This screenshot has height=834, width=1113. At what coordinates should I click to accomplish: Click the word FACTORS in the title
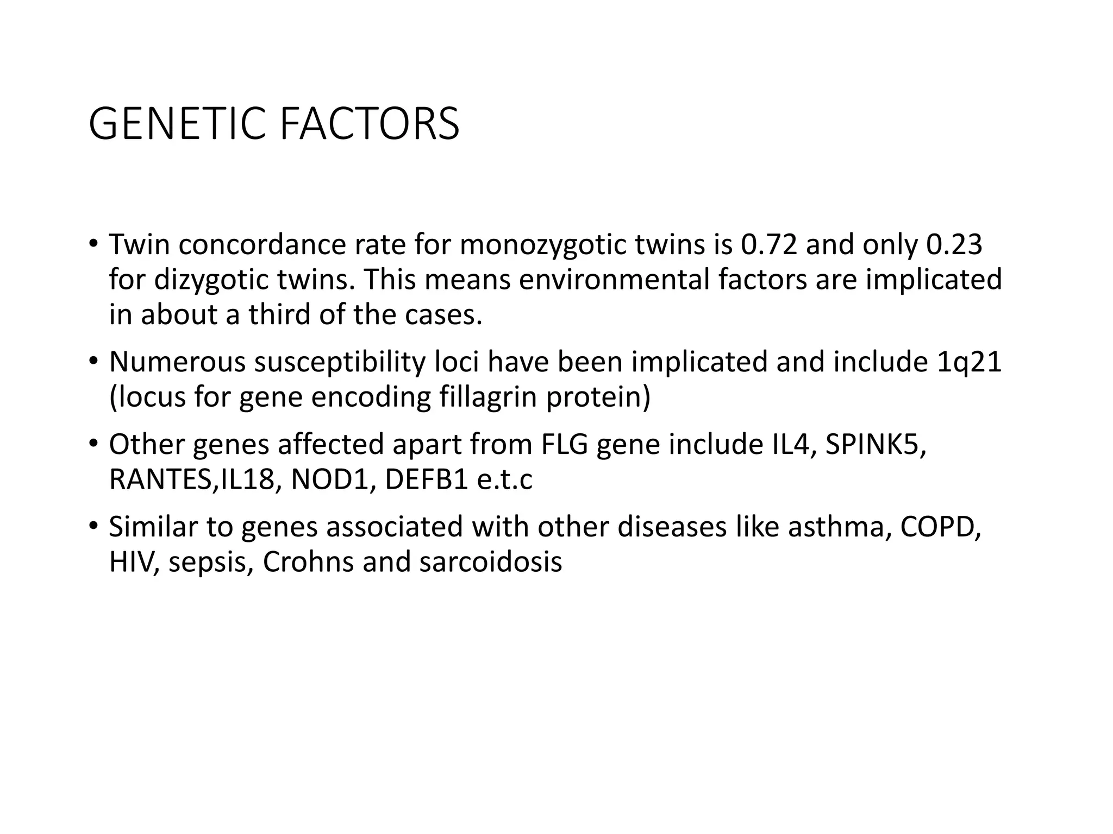pyautogui.click(x=370, y=124)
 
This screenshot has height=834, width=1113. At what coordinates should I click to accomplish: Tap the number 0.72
pyautogui.click(x=768, y=244)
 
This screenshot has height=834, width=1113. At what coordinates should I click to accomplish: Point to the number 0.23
pyautogui.click(x=954, y=244)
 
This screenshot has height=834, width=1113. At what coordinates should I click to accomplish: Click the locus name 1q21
pyautogui.click(x=969, y=362)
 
